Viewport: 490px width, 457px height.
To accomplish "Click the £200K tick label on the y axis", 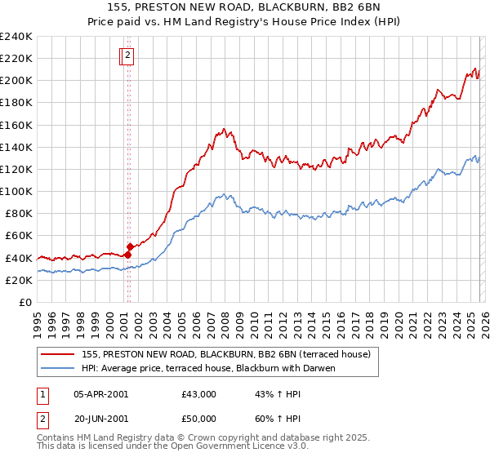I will point(16,81).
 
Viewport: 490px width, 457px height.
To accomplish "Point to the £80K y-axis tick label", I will point(19,213).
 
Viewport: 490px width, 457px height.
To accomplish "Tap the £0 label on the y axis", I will point(26,302).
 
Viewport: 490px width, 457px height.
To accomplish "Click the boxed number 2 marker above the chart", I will point(128,56).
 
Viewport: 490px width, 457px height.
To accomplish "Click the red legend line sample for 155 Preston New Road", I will point(58,354).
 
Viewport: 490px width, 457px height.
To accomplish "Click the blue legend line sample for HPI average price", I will point(58,368).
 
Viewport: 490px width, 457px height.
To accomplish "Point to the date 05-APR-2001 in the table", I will point(100,394).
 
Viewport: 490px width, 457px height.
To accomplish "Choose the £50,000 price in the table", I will point(199,420).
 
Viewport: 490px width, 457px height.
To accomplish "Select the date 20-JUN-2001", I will point(100,420).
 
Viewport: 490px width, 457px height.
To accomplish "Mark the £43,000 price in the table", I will point(199,394).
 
